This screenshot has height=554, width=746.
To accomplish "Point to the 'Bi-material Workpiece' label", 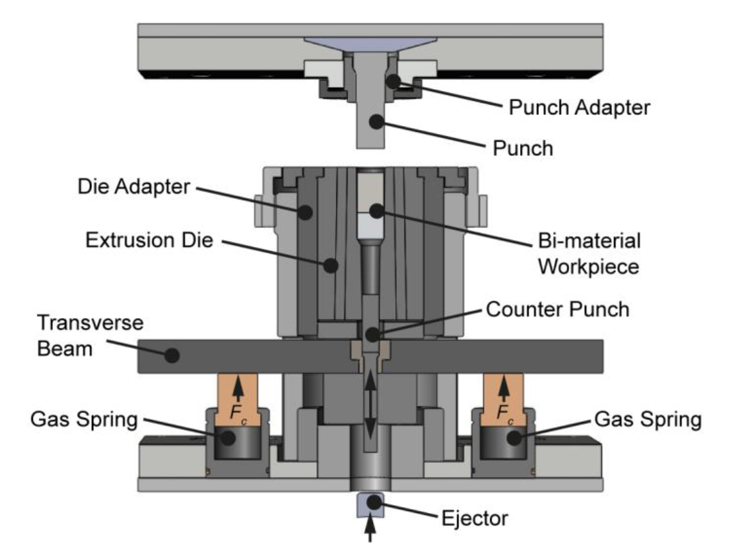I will pos(589,253).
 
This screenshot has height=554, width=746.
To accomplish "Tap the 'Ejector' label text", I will pos(474,519).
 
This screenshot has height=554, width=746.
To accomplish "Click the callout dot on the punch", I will pos(373,122).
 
